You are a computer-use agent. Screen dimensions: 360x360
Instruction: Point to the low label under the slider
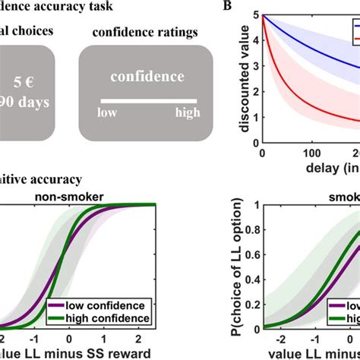(x=106, y=112)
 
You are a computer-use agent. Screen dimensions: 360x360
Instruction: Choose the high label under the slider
(x=186, y=112)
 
